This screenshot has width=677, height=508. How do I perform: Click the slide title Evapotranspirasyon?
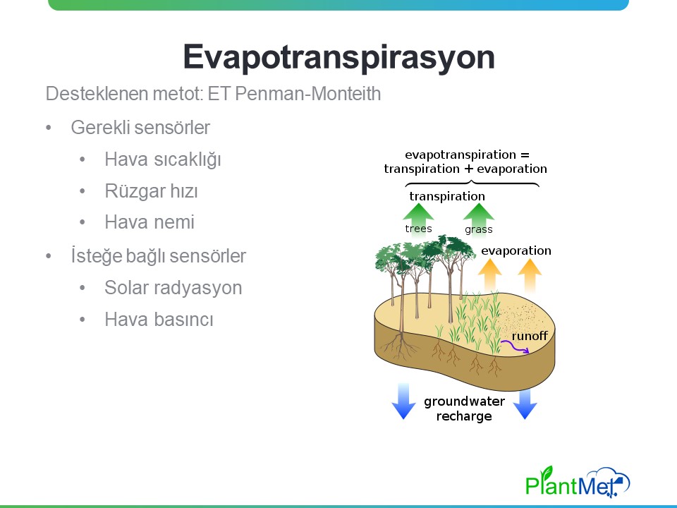[x=339, y=58]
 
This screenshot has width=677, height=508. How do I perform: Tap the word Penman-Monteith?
[x=308, y=93]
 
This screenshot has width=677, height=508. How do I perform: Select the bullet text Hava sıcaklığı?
[x=163, y=159]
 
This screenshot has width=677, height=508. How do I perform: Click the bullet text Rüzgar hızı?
[x=151, y=191]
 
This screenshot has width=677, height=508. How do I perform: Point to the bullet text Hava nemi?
[x=150, y=222]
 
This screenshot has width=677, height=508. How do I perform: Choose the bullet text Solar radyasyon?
[x=173, y=288]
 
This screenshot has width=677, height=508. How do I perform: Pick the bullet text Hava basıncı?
[x=159, y=319]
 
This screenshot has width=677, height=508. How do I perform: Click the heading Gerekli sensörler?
[x=140, y=128]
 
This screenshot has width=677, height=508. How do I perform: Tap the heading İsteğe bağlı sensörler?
[x=159, y=255]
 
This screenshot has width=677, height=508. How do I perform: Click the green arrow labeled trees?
[x=418, y=219]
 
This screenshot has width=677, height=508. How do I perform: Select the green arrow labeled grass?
[x=478, y=219]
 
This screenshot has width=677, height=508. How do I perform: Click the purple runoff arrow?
[x=515, y=347]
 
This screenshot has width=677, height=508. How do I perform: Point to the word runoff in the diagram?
[x=530, y=336]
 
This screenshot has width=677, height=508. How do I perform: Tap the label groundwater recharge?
[x=464, y=409]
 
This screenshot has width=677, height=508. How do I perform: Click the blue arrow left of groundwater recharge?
[x=403, y=401]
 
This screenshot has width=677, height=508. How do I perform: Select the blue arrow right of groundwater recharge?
[x=525, y=404]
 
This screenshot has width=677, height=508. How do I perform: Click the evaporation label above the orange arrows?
[x=516, y=250]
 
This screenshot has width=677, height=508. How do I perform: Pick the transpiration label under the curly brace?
[x=447, y=197]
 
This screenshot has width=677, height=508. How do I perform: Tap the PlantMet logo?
[x=578, y=482]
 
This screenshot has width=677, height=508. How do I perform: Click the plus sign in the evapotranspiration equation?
[x=468, y=169]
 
